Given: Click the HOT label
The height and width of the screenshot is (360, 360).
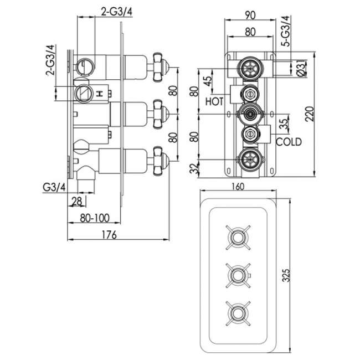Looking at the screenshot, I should pos(214,102).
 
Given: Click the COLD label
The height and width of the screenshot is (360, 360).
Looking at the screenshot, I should pos(289,142).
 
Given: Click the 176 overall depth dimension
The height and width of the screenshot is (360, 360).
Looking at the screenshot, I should pos(109,235).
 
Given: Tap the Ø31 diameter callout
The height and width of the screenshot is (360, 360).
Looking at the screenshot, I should pos(300,69).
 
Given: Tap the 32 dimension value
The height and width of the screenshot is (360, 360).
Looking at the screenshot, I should pos(194,168).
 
